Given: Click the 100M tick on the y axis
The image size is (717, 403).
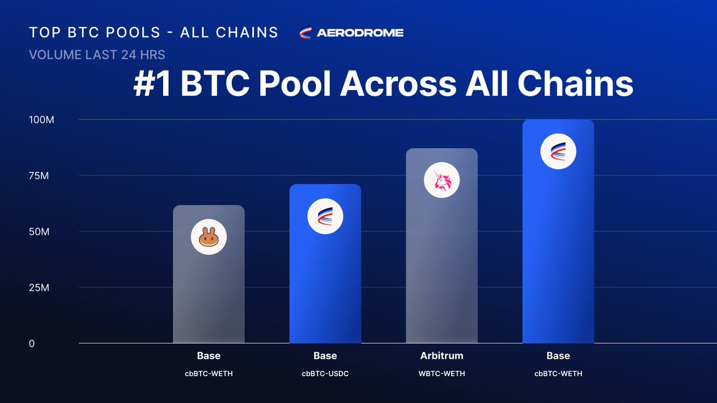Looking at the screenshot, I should coord(42,120).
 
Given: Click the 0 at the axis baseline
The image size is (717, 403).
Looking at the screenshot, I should coord(32,343).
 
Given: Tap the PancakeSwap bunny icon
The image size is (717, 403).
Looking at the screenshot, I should coord(209,238).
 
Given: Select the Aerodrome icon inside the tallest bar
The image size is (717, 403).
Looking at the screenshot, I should coord(558,151).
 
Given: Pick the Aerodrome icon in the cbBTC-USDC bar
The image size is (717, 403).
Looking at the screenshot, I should coord(325,216).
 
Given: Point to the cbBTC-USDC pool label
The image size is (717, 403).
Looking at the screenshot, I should coord(325,374).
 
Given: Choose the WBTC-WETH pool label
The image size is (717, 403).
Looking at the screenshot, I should coord(442,374).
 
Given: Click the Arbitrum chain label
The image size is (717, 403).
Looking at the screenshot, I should coord(442,356).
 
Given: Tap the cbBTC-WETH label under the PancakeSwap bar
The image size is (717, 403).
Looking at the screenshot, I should coord(209,374).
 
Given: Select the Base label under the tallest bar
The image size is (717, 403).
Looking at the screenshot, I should coord(558,356).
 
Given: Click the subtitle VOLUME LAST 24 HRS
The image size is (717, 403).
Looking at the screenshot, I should coord(97,55).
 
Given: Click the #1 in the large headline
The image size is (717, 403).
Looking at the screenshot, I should coord(152,85).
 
